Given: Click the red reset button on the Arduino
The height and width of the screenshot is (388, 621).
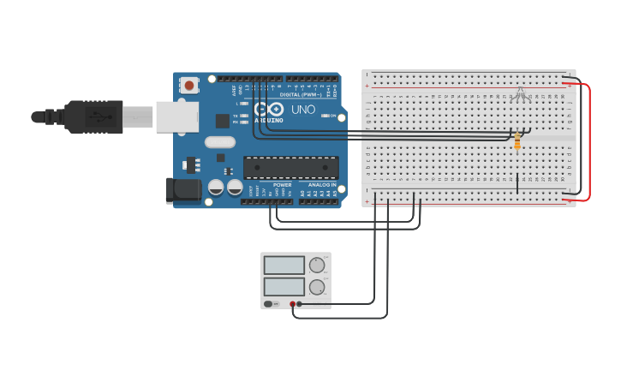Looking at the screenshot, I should click(188, 86).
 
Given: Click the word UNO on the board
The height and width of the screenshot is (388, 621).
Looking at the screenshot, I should click(304, 110).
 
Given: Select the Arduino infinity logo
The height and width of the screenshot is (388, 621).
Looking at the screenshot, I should click(269, 110).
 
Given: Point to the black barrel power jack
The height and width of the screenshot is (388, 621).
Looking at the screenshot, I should click(182, 190).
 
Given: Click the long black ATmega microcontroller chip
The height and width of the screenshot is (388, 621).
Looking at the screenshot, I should click(290, 168).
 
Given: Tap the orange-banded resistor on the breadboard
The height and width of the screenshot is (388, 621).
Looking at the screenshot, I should click(517, 141).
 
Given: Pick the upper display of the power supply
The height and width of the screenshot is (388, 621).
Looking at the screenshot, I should click(284, 266).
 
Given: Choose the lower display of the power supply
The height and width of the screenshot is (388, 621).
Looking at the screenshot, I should click(284, 286).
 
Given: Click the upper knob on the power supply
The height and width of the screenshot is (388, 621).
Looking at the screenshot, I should click(317, 266).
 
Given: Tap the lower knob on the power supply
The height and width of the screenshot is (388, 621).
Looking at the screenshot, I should click(317, 287).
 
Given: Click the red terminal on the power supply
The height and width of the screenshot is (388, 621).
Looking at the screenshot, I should click(292, 304).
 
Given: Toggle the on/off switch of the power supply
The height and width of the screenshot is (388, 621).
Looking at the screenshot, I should click(269, 304).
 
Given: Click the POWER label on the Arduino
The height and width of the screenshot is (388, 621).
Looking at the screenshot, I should click(282, 185).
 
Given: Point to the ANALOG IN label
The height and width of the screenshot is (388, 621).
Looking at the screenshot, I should click(322, 185).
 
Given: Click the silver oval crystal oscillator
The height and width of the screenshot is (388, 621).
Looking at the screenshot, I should click(219, 142).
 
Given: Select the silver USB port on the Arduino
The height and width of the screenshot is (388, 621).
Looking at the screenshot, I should click(176, 116).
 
